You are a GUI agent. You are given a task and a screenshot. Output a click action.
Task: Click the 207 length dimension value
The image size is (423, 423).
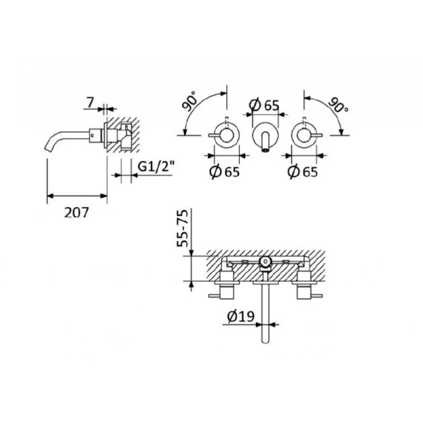(x=76, y=211)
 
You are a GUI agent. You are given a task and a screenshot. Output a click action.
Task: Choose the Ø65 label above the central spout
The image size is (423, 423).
(x=264, y=106)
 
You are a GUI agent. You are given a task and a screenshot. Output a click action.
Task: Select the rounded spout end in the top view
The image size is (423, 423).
(x=266, y=338)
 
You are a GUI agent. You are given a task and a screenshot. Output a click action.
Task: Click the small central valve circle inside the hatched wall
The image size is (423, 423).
(x=266, y=264)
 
